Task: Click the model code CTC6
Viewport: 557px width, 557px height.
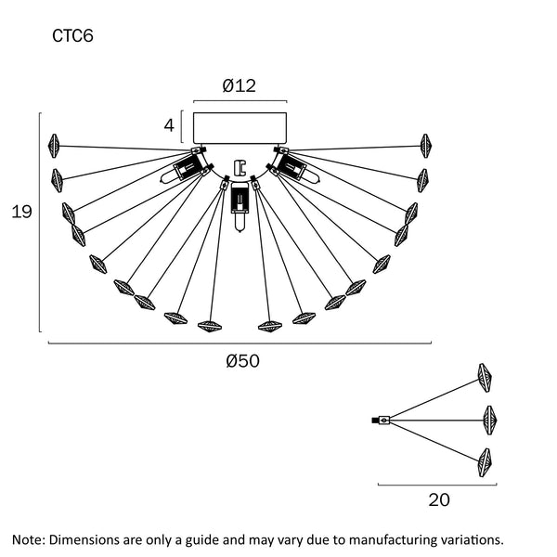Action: [x=72, y=37]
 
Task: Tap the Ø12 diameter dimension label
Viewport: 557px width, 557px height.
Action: [x=240, y=86]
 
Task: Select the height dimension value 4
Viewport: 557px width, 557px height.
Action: [x=169, y=124]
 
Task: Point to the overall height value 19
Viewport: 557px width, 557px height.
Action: [x=20, y=212]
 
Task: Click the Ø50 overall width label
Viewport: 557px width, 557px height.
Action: [x=242, y=362]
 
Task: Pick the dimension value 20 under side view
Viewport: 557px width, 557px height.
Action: [x=439, y=499]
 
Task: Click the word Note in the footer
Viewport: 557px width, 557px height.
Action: [x=29, y=538]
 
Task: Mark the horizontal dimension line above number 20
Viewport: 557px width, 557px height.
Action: [x=436, y=484]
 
